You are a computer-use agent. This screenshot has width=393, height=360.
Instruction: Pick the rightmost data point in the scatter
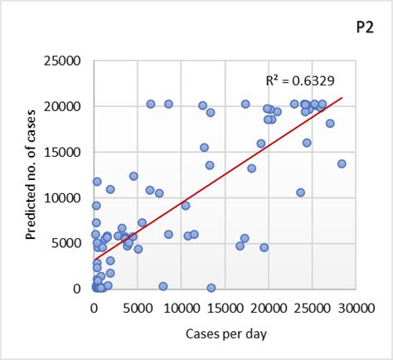[342, 163]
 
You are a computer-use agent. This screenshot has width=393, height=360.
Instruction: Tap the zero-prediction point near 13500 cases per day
[211, 288]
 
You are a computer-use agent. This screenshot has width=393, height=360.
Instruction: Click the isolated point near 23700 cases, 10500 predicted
[300, 192]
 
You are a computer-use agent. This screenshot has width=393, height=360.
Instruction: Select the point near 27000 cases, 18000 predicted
[330, 124]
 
